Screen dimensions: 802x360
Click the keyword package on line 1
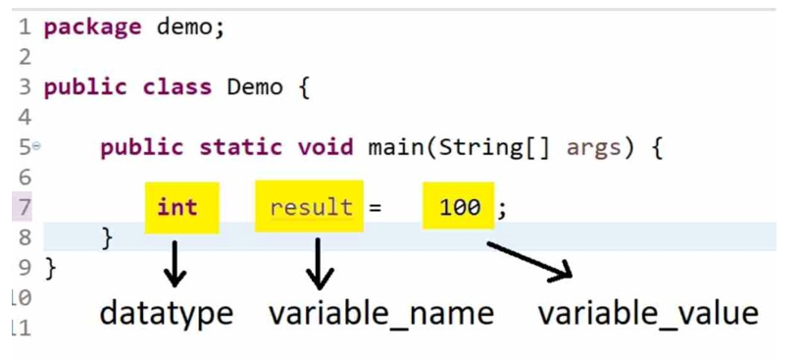tap(92, 27)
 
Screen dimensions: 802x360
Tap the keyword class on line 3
tap(177, 87)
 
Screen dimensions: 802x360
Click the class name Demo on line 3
tap(255, 87)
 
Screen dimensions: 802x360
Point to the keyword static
tap(240, 147)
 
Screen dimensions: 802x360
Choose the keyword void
tap(326, 147)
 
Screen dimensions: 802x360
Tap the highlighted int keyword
tap(177, 207)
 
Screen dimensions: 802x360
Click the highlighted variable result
tap(311, 207)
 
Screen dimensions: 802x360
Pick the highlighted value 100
tap(460, 207)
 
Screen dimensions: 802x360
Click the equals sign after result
tap(375, 208)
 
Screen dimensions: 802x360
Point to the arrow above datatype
tap(175, 263)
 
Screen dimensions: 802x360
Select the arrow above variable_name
tap(320, 264)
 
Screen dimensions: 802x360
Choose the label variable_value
tap(648, 313)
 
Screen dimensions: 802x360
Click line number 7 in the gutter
tap(25, 208)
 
